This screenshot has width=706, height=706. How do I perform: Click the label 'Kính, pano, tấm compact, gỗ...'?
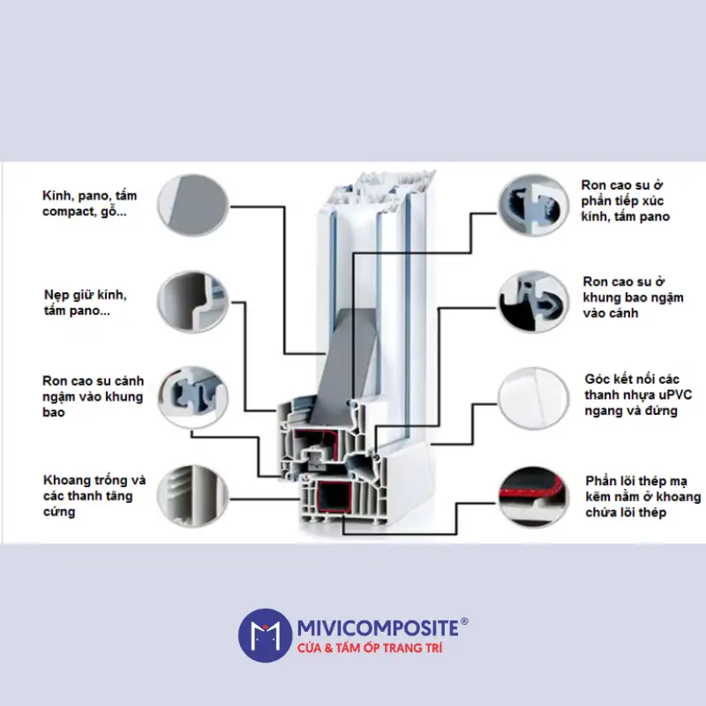pos(89,204)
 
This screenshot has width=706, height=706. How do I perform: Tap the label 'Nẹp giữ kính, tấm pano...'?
pos(86,303)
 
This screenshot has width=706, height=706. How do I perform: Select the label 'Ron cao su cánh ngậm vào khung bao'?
pos(92,396)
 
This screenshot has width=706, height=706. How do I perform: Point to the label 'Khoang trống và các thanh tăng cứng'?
pos(94,496)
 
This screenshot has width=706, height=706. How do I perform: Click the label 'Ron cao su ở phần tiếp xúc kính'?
pos(625,200)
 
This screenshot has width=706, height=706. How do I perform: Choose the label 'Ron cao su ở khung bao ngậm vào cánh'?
pos(633,297)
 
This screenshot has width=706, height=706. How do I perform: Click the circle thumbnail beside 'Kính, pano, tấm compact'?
pos(190,204)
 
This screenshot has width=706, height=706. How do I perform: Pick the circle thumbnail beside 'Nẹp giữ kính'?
pos(190,302)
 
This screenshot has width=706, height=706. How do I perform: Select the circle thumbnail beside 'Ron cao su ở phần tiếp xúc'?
pos(532,206)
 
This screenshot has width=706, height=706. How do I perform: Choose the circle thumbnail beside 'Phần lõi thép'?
pos(532,496)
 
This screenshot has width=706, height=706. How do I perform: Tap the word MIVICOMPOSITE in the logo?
pos(377,627)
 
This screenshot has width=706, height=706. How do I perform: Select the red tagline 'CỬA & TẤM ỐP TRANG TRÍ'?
pos(367,649)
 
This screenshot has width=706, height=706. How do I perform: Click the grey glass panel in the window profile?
pos(339,353)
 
